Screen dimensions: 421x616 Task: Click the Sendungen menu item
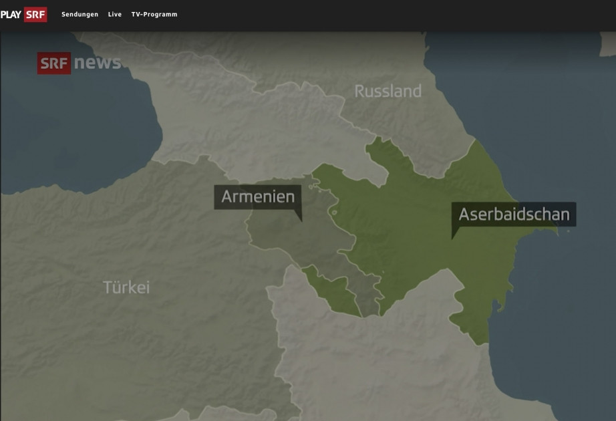click(x=80, y=14)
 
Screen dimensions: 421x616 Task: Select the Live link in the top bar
click(x=115, y=14)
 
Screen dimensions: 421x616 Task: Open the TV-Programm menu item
click(x=154, y=14)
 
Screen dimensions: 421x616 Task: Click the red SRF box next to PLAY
click(x=35, y=14)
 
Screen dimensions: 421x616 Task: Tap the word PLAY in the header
click(x=11, y=14)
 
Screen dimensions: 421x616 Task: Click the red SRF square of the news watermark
click(x=53, y=63)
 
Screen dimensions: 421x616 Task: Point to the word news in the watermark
click(x=98, y=63)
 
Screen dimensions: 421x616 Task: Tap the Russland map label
click(x=388, y=91)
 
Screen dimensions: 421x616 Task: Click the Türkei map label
click(x=126, y=287)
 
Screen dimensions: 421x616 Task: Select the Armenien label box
click(x=258, y=196)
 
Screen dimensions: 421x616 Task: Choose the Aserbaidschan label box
click(x=514, y=215)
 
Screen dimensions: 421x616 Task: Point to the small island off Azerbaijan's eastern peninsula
click(x=569, y=232)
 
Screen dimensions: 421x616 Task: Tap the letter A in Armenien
click(x=227, y=196)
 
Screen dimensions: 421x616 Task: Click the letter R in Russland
click(x=359, y=91)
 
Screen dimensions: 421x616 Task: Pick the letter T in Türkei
click(x=108, y=287)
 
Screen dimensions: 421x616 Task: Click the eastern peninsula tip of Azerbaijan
click(x=556, y=231)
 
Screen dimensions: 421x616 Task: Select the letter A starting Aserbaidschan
click(x=465, y=215)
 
